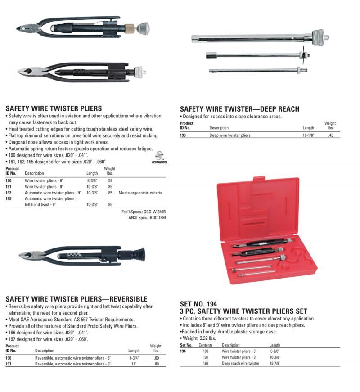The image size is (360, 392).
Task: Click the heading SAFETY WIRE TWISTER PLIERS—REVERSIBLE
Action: pos(76,299)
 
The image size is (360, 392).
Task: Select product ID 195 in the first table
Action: pos(9,198)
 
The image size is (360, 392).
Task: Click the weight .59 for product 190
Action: pos(109,181)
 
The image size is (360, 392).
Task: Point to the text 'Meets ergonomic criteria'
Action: pos(140,193)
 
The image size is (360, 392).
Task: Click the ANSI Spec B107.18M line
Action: pos(147,217)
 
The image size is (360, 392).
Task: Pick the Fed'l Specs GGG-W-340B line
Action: pos(144,212)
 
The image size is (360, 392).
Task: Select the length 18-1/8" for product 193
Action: pos(308,135)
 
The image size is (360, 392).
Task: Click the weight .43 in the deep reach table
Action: pos(331,135)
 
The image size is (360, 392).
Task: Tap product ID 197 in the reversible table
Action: pos(9,364)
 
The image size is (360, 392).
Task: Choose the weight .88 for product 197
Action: pos(156,364)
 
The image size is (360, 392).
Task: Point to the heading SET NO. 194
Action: pos(198,305)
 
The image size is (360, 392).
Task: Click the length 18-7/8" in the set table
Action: pos(275,363)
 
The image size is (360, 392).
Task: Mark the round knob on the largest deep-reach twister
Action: pos(320,36)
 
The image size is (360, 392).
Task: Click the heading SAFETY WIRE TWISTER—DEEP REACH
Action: pos(239,109)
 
